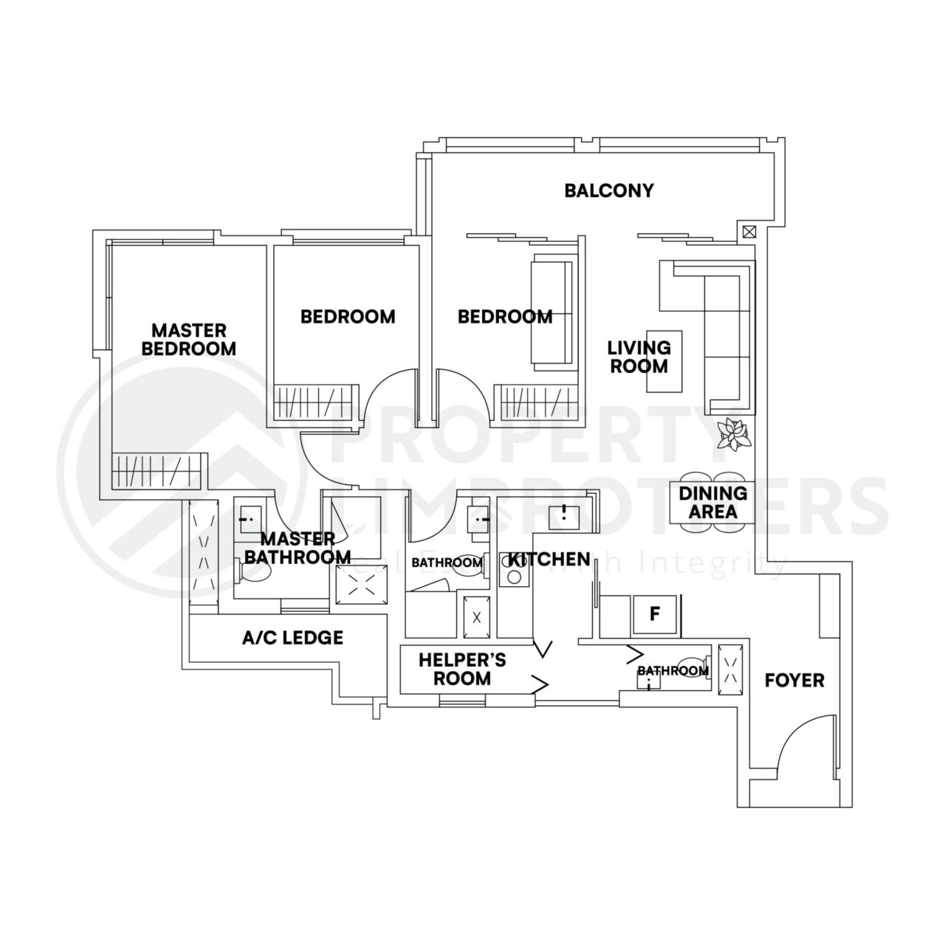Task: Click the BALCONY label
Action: [609, 190]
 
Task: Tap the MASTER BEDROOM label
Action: [189, 339]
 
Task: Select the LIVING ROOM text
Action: [639, 357]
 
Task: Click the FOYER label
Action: [794, 680]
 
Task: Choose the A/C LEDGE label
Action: [293, 637]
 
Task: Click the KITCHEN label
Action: [549, 560]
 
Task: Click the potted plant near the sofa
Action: [734, 433]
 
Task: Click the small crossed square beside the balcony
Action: [749, 231]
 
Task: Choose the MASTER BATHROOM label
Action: [297, 548]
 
